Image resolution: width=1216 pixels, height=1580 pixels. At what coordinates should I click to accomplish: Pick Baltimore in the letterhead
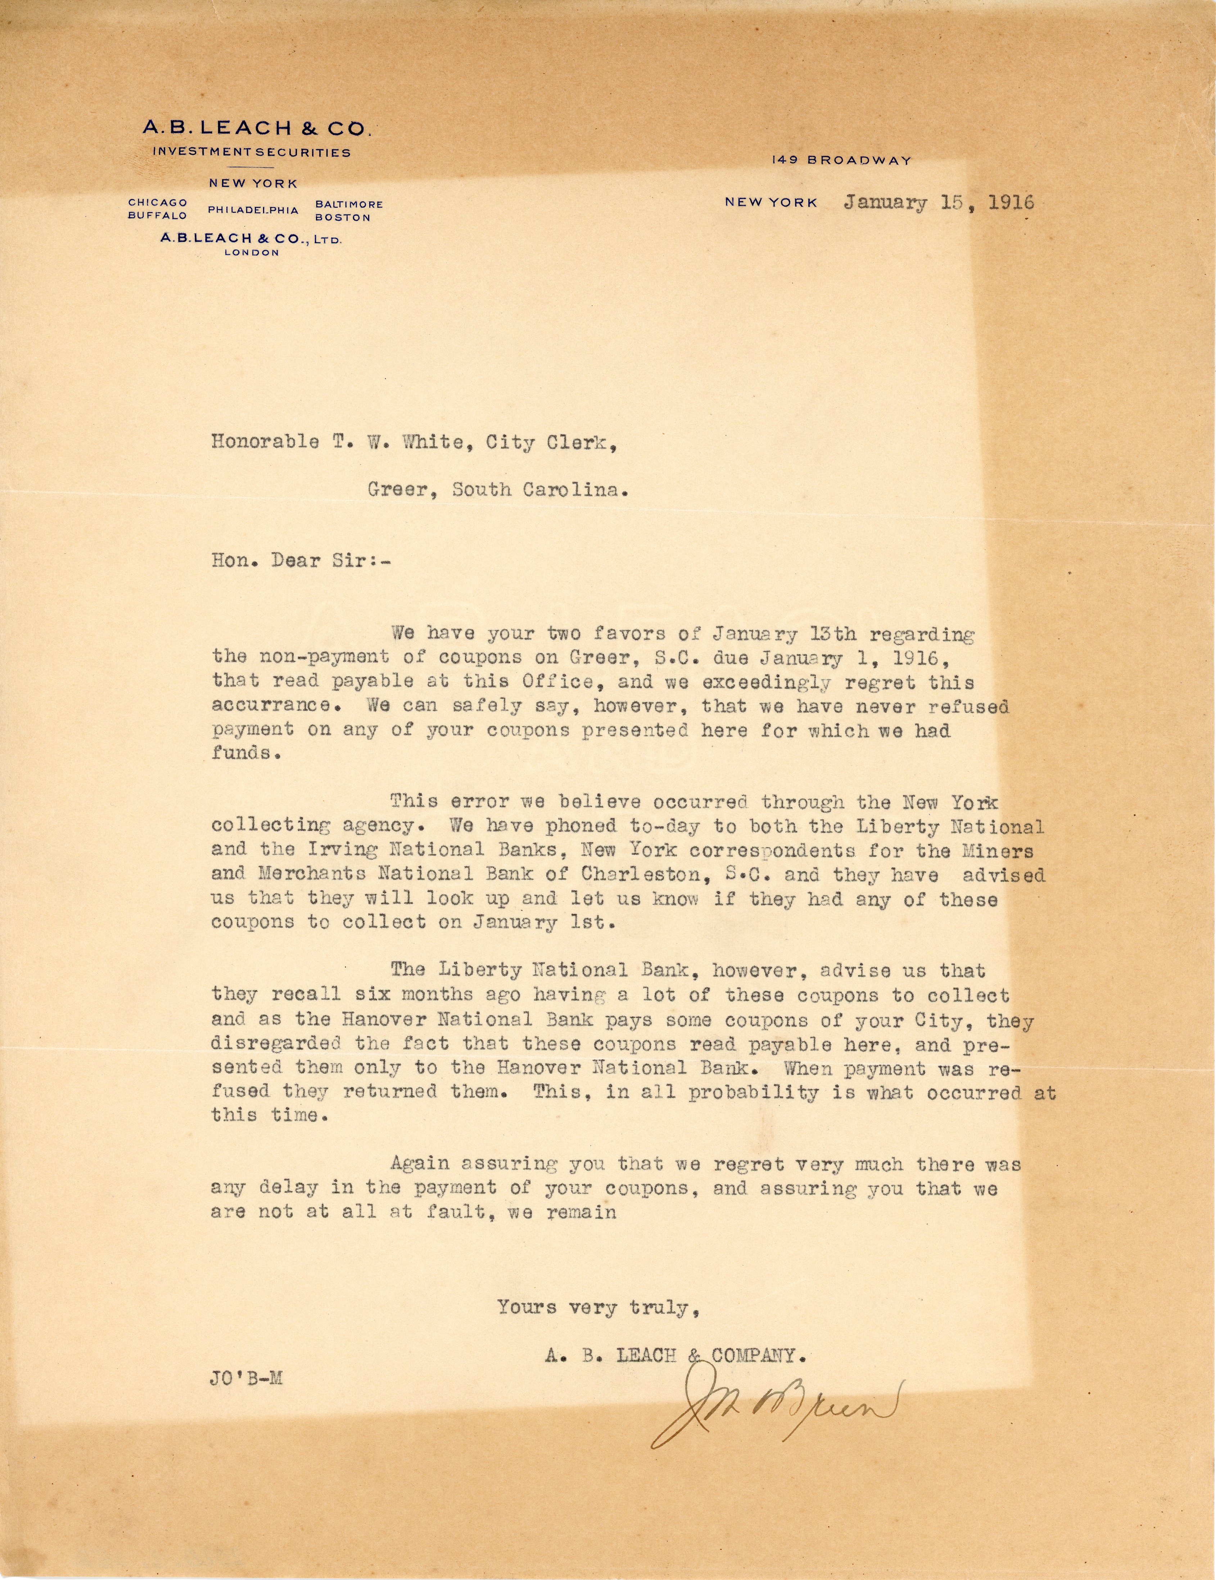pos(349,205)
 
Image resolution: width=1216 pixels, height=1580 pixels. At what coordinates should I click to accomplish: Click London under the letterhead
pos(252,253)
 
